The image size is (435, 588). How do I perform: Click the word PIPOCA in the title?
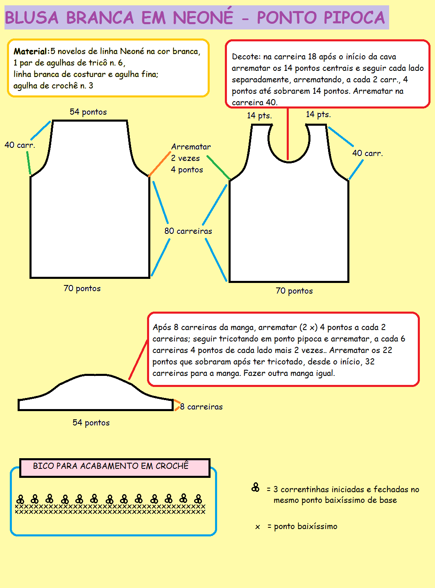click(354, 18)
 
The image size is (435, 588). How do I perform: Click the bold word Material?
click(30, 52)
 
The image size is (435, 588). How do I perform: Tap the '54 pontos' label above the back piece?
click(88, 112)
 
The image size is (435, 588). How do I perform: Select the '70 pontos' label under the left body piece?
click(82, 288)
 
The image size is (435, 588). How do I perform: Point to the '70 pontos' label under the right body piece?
click(294, 291)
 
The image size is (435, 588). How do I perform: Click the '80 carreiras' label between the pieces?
click(188, 231)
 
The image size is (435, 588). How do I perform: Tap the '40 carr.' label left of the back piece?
click(20, 145)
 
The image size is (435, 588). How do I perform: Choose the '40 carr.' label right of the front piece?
click(367, 153)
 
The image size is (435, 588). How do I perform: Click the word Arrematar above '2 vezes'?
click(191, 147)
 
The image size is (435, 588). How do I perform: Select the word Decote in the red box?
click(245, 57)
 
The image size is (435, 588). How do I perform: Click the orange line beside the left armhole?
click(159, 164)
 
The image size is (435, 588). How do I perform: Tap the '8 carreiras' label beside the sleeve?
click(202, 407)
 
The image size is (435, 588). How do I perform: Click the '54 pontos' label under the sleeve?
click(91, 423)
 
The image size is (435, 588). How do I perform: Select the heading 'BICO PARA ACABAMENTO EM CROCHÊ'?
click(111, 466)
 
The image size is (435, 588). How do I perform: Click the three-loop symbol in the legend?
click(256, 487)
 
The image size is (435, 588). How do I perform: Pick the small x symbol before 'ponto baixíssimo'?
click(258, 527)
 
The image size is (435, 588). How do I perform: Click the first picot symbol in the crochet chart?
click(20, 499)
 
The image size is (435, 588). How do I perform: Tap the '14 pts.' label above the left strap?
click(259, 115)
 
